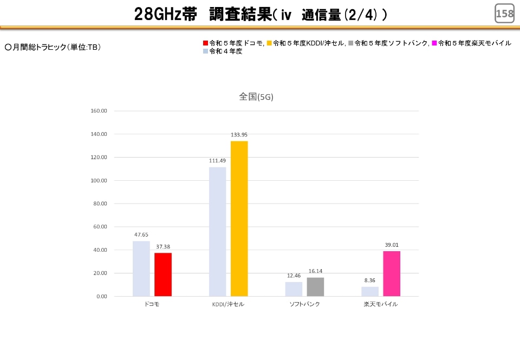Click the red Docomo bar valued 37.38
(163, 274)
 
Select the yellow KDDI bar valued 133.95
(239, 219)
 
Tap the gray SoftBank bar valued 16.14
(315, 287)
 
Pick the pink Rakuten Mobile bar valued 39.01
(392, 273)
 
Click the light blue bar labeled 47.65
(141, 269)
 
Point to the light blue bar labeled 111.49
(217, 232)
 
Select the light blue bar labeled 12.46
(294, 289)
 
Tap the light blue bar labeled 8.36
(370, 291)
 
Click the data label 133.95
(239, 135)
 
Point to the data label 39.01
(392, 245)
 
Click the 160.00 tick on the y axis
(99, 111)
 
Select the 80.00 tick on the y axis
(101, 204)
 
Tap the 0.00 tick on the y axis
(102, 297)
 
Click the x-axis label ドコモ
(152, 304)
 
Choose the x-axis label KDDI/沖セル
(228, 304)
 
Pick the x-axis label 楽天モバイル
(381, 304)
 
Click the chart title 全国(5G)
(256, 97)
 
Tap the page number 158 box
(504, 14)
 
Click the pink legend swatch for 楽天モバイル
(434, 43)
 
